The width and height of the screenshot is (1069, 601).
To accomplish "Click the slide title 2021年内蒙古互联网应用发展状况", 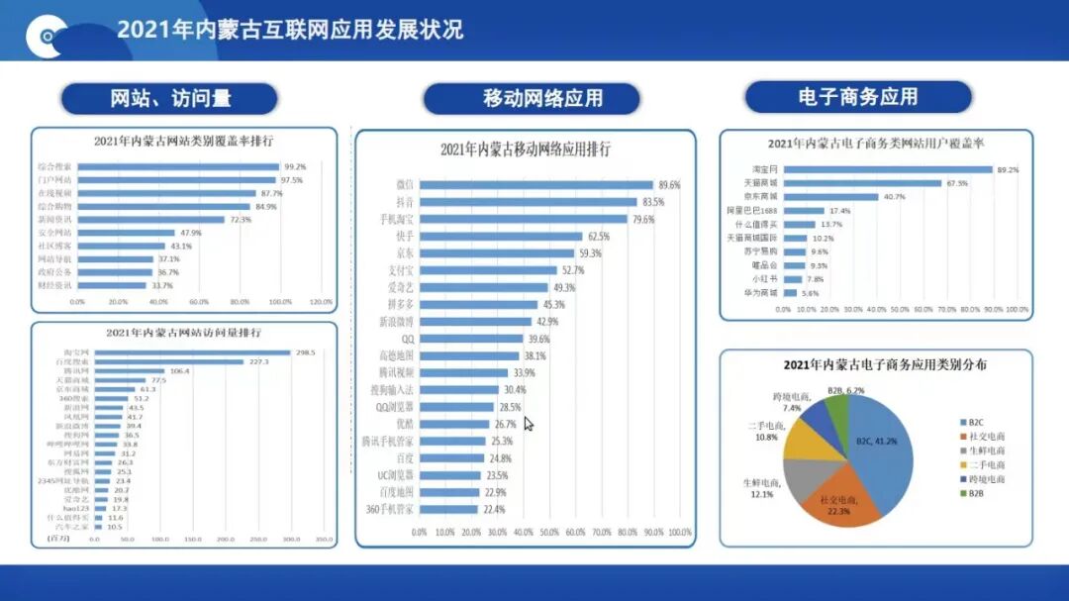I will pos(289,29).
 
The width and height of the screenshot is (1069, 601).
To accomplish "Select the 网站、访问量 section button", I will pos(169,98).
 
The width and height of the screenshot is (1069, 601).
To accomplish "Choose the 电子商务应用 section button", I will pos(857,97).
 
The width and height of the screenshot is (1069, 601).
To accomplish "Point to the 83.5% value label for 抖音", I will pos(652,202).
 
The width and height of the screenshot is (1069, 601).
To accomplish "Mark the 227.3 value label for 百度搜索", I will pos(259,362).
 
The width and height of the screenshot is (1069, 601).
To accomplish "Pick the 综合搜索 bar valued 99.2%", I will pos(177,166).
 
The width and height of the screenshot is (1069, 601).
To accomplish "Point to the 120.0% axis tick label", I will pos(322,302).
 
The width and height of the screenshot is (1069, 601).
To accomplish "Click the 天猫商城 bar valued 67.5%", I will pos(862,183).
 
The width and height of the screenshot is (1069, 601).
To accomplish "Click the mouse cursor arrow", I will pos(529,423).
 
